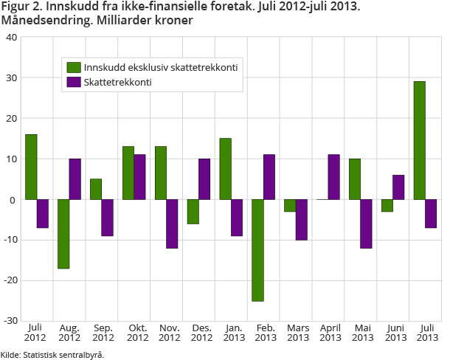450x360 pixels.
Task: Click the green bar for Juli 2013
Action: [x=419, y=140]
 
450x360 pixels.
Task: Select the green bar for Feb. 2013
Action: [x=257, y=250]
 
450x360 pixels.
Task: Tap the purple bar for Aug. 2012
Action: [x=75, y=179]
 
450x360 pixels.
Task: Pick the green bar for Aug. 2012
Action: [x=63, y=234]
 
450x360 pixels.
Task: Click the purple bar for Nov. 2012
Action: [x=172, y=224]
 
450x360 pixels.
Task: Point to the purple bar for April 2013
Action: [x=333, y=177]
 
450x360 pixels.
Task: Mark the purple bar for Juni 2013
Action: [x=398, y=187]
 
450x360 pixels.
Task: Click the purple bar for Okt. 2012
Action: [x=139, y=177]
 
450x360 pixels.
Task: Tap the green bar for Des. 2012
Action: [x=193, y=212]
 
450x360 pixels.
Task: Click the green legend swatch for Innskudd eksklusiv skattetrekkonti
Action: [x=74, y=68]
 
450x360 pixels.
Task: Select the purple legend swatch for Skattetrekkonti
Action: [x=74, y=82]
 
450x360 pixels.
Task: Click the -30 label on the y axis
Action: [x=12, y=321]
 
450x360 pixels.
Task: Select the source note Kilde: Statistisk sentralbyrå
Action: [x=52, y=354]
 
